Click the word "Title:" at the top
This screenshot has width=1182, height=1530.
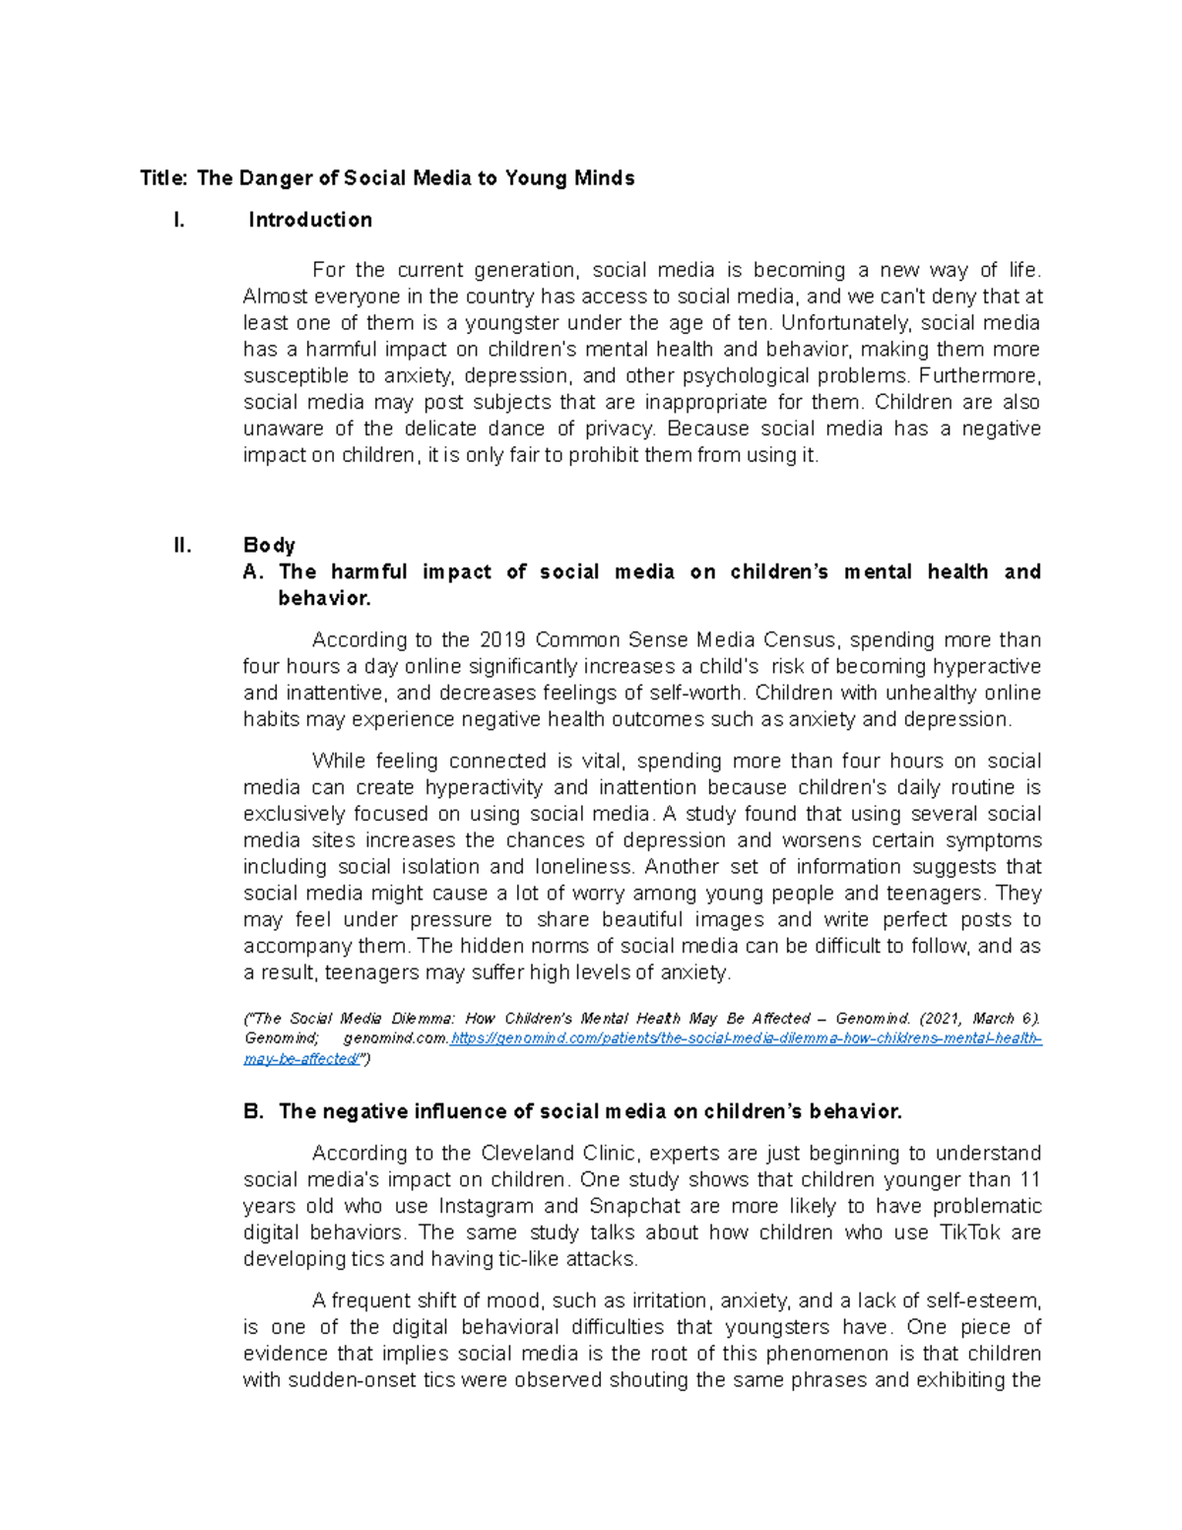(163, 178)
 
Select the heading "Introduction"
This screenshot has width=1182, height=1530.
(310, 220)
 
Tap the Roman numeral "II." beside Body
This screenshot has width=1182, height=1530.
(182, 546)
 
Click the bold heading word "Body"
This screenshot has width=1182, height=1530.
(269, 546)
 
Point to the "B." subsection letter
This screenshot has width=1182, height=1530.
(253, 1111)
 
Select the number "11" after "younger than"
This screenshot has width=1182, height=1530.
(1029, 1180)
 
